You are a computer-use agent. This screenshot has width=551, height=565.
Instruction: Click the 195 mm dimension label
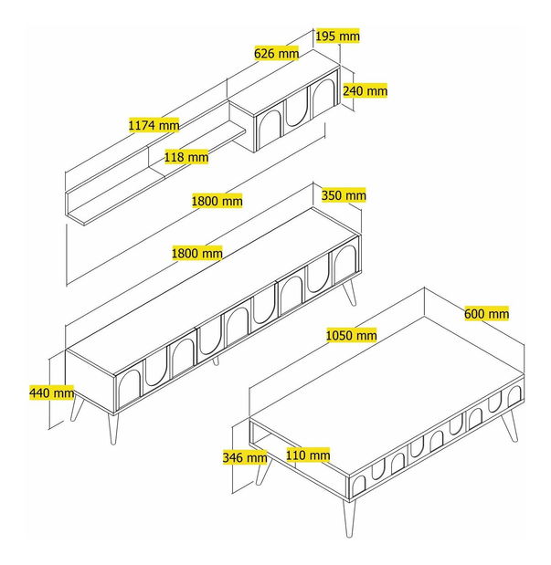pos(337,36)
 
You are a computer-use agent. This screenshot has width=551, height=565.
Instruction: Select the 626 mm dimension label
pos(276,54)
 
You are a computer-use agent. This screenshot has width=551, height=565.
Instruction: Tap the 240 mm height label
pos(365,90)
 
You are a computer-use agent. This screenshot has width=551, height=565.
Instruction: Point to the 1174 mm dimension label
pos(154,124)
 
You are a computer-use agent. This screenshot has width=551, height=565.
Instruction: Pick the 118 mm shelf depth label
pos(185,157)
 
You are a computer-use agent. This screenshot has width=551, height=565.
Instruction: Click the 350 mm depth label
pos(344,195)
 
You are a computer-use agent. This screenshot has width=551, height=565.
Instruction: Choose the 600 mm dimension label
pos(486,313)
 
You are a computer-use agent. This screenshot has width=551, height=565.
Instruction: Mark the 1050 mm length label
pos(351,335)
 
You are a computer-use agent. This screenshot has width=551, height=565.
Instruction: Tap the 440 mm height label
pos(51,392)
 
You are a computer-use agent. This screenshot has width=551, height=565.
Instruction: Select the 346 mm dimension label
pos(244,457)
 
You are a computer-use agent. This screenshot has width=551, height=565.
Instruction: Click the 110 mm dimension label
pos(307,455)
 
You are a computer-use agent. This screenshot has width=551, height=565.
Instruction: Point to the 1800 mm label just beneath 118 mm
pos(217,201)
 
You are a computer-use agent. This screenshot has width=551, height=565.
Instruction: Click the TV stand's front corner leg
pos(113,428)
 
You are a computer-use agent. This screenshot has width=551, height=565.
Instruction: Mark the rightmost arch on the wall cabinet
pos(323,98)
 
